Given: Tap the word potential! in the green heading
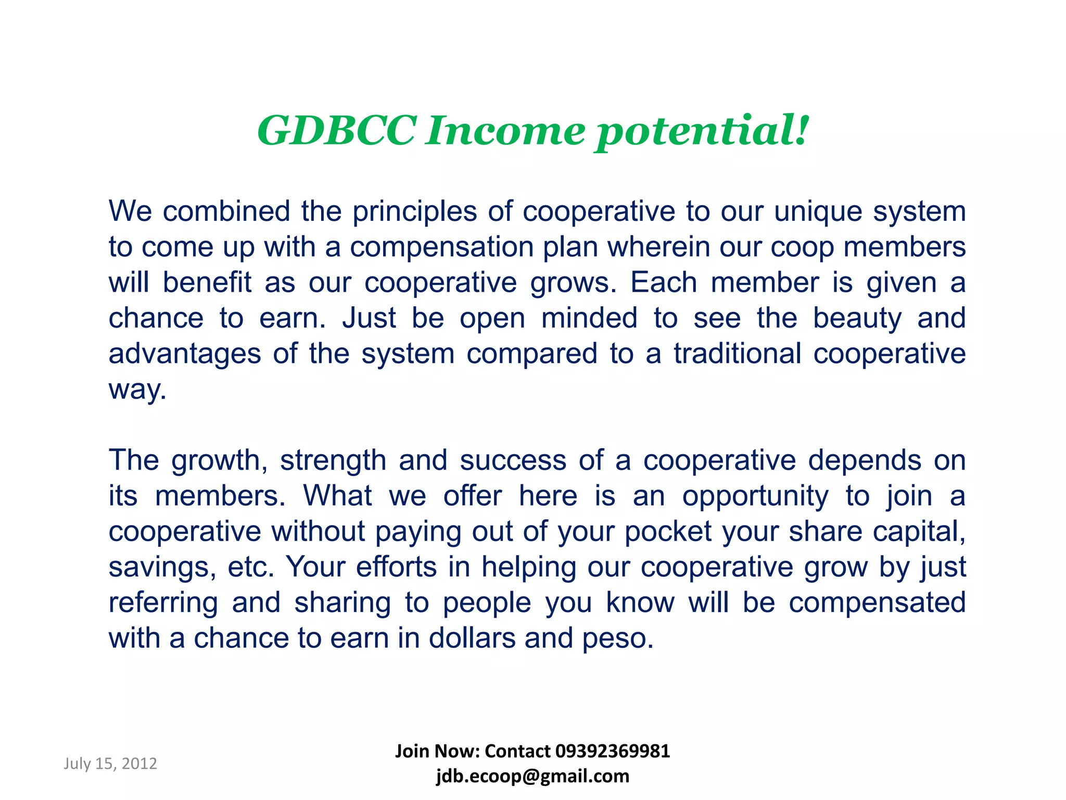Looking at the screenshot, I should tap(702, 131).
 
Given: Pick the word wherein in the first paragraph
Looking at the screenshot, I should tap(658, 247).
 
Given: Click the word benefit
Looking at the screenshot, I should tap(207, 282).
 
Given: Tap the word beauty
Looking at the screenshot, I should tap(857, 319).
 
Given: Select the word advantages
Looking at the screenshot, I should tap(184, 354).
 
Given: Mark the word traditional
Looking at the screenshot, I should tap(738, 354).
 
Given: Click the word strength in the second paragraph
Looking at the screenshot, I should tap(333, 461).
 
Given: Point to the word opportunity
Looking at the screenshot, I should tap(755, 496).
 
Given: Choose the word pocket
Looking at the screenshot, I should tap(668, 532).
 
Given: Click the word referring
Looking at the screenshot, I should tap(163, 603).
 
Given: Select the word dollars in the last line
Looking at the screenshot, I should tap(472, 638).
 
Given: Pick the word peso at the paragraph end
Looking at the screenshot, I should tap(617, 639).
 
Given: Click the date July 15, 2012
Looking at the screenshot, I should tap(110, 764).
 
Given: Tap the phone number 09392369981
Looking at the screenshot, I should tap(613, 751).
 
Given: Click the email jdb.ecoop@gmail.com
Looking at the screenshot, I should tap(532, 776).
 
